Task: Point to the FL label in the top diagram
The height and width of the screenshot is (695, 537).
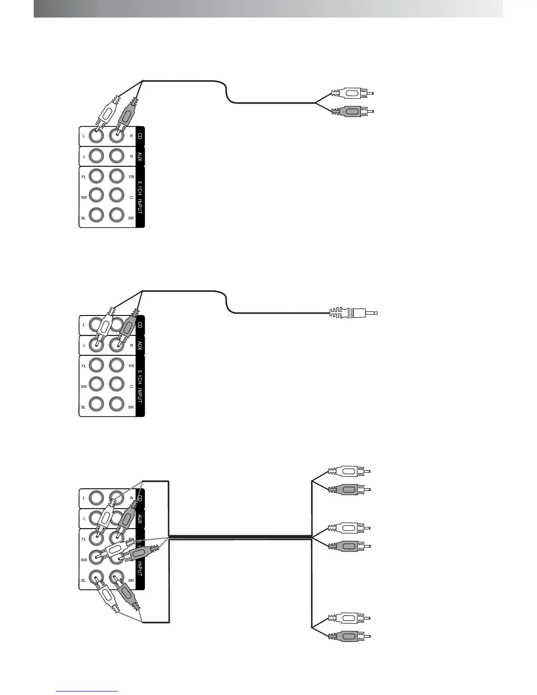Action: (x=84, y=177)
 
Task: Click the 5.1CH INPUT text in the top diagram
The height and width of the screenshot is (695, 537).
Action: (x=140, y=197)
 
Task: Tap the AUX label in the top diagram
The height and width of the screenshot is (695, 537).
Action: (x=140, y=156)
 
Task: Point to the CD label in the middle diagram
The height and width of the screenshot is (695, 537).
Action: (x=140, y=325)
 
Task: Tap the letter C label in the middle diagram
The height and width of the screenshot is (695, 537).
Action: (x=131, y=387)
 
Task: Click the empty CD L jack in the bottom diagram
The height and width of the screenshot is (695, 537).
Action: (x=97, y=498)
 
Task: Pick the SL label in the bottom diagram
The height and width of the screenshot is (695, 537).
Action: (x=83, y=580)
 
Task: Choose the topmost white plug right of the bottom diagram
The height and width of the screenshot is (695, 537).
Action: (x=349, y=472)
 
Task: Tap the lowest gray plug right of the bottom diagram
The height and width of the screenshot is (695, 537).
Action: (x=349, y=636)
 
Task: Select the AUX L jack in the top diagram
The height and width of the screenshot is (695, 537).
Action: (x=97, y=156)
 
